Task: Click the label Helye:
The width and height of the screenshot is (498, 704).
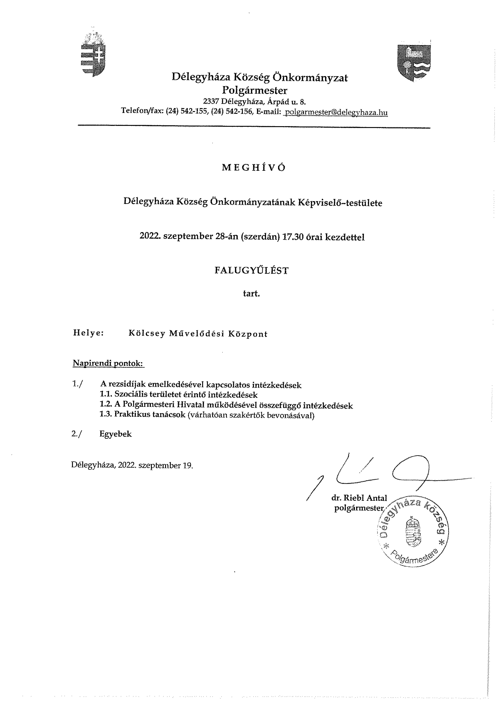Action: click(88, 333)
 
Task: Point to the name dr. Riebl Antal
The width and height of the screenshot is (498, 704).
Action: click(359, 498)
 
